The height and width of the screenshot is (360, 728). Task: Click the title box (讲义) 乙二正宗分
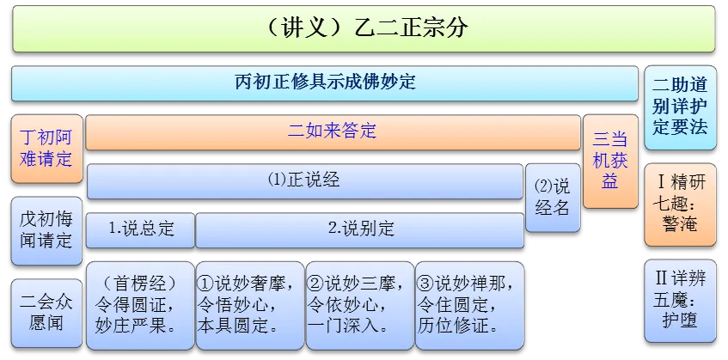[363, 27]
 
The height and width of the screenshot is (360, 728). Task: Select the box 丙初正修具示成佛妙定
[325, 83]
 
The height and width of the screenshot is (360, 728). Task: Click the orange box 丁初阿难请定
[47, 148]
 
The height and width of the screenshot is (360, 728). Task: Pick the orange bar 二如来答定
[332, 131]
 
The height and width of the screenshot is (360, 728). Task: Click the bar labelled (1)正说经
[304, 180]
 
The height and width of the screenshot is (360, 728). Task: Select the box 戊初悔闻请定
[47, 229]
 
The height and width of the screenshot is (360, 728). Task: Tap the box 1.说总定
[140, 229]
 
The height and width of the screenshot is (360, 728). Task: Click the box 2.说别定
[359, 229]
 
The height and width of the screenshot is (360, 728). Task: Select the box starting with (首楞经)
[139, 305]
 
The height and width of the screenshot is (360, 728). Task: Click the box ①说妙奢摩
[249, 305]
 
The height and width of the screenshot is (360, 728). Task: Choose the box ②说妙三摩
[359, 305]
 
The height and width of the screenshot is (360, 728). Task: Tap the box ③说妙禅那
[468, 305]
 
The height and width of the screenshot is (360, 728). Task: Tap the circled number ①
[206, 284]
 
